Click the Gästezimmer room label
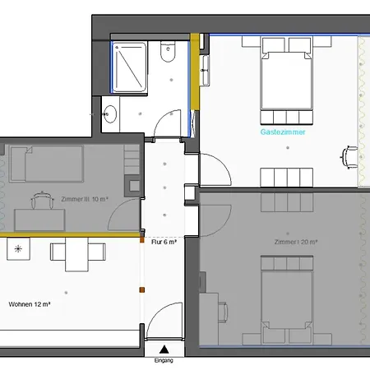283,132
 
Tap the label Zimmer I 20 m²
296,242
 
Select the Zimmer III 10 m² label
85,199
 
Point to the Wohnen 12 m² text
30,304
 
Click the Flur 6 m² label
164,242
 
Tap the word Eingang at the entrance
164,360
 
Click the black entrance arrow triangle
164,349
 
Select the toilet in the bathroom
168,51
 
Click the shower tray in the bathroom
129,67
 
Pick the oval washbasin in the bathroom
110,113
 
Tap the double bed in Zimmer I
287,300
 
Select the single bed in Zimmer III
46,164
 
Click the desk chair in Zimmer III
42,201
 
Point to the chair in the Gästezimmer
349,157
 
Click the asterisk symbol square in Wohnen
18,249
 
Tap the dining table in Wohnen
76,255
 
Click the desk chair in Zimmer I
222,312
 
